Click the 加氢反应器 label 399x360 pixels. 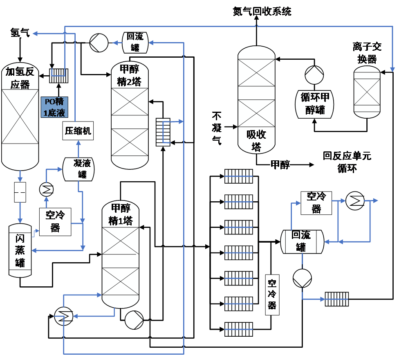click(x=20, y=78)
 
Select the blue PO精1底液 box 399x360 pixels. click(x=54, y=107)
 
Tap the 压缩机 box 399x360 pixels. click(x=78, y=131)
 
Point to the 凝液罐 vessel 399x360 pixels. click(x=79, y=169)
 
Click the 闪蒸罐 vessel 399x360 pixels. click(x=20, y=250)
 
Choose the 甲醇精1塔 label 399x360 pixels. click(x=121, y=215)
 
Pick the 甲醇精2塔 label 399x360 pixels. click(x=129, y=76)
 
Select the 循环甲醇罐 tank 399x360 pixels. click(x=315, y=103)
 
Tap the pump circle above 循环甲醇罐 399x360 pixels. click(x=314, y=75)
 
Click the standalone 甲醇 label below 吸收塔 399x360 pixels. click(x=280, y=165)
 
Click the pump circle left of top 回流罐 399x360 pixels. click(x=99, y=43)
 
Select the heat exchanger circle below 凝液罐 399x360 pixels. click(x=46, y=189)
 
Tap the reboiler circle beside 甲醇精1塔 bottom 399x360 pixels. click(x=63, y=315)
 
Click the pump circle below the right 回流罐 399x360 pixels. click(x=302, y=279)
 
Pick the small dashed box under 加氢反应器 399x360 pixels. click(x=20, y=192)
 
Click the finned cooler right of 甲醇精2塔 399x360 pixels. click(x=163, y=132)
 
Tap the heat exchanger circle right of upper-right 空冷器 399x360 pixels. click(x=355, y=200)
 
